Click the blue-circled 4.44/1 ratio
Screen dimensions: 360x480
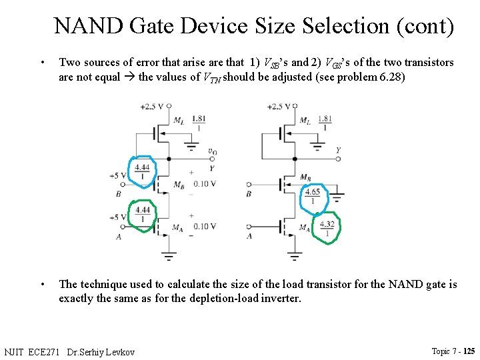(142, 171)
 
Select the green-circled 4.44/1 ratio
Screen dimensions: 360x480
(143, 214)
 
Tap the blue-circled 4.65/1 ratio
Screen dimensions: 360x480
(312, 196)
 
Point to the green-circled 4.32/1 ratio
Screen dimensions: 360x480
(327, 228)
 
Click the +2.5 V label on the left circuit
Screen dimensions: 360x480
(151, 106)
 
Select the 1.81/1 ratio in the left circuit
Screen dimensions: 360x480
(198, 123)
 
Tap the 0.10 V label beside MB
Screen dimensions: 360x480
(204, 184)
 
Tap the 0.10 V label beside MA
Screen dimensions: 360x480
(204, 227)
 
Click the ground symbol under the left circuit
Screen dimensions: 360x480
(169, 255)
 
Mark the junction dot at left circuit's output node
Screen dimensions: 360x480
(169, 159)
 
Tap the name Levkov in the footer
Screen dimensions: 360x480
(119, 351)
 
